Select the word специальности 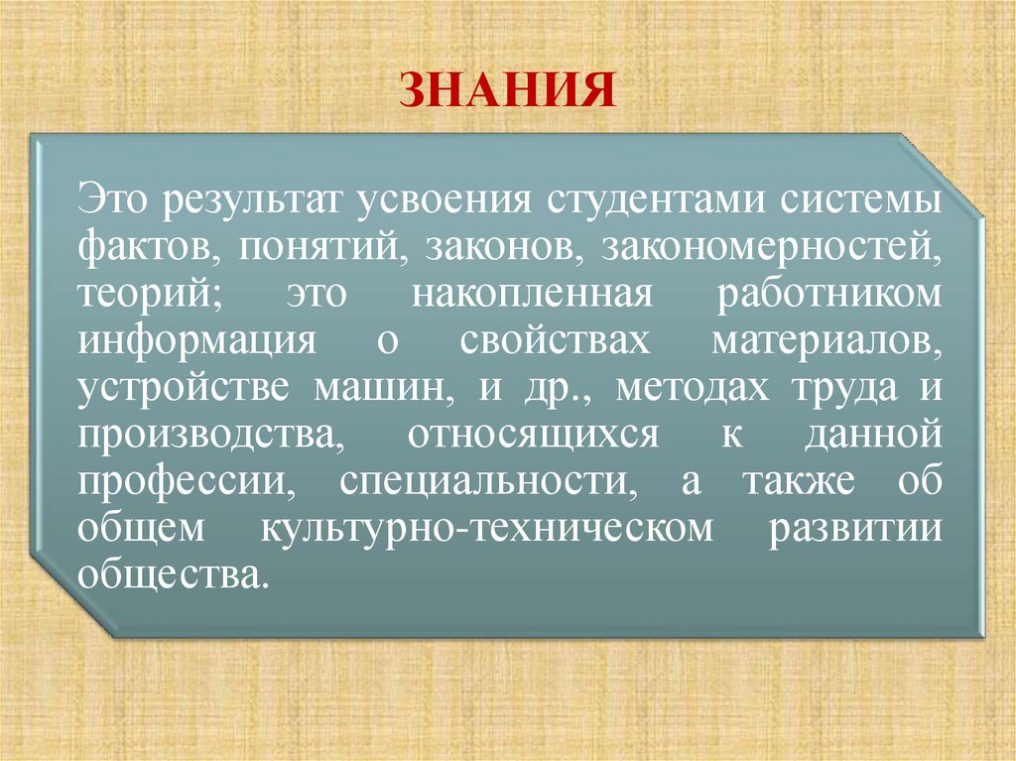click(x=484, y=481)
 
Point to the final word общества click(x=173, y=575)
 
